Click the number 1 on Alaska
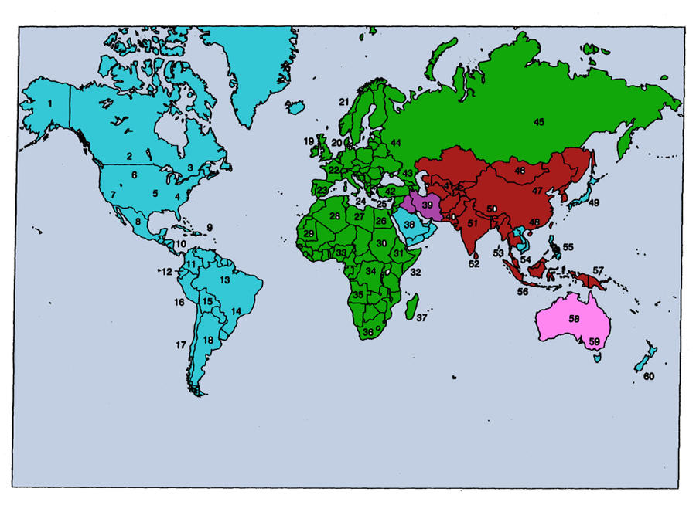(50, 103)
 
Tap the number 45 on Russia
(538, 121)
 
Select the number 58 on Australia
(574, 318)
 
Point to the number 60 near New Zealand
(648, 377)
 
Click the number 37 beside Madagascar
(421, 317)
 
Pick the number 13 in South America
(225, 280)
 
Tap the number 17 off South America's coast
(181, 345)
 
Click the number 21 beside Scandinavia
(344, 102)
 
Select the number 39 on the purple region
(427, 205)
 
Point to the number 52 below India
(473, 263)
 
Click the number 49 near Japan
(594, 203)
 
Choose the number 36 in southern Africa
(368, 332)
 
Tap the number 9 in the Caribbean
(209, 228)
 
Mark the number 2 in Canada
(130, 156)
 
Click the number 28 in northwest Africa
(335, 216)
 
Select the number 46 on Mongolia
(520, 170)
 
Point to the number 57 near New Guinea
(598, 270)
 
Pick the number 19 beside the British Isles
(309, 141)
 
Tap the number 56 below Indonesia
(523, 292)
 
